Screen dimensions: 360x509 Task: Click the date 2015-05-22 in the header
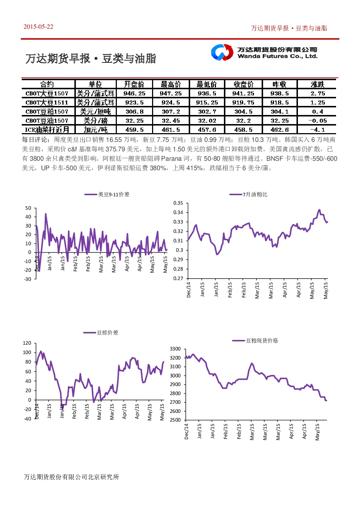[x=38, y=26]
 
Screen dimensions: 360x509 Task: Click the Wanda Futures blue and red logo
[x=222, y=52]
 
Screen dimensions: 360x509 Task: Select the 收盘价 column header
[x=244, y=84]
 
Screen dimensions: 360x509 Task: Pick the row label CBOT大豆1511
[x=47, y=102]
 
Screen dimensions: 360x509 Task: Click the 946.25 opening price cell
[x=134, y=93]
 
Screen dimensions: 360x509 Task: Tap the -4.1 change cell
[x=318, y=130]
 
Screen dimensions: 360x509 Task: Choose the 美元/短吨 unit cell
[x=95, y=112]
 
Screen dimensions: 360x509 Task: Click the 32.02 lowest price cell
[x=207, y=121]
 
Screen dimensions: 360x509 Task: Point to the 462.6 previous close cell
[x=279, y=130]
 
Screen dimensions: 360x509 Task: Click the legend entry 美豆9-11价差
[x=107, y=194]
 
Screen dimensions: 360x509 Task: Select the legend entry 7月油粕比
[x=248, y=194]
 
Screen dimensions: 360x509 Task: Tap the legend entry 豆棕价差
[x=101, y=333]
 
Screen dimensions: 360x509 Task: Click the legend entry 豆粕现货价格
[x=255, y=340]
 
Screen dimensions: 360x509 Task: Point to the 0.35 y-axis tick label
[x=178, y=203]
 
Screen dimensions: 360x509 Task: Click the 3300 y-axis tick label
[x=175, y=349]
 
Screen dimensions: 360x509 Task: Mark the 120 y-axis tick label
[x=27, y=343]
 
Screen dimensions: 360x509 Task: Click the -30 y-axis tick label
[x=28, y=279]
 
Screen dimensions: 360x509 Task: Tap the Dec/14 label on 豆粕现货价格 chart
[x=187, y=431]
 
